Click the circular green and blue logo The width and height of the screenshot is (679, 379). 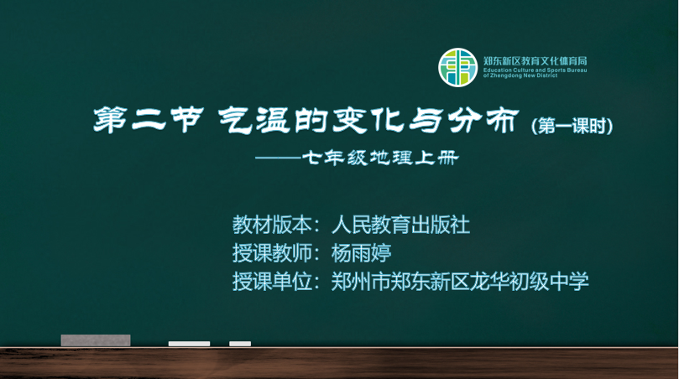coord(457,67)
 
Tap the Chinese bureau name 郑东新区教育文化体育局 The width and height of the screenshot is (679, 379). coord(535,61)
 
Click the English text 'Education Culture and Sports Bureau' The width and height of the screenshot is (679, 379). coord(535,70)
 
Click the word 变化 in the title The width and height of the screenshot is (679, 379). coord(369,120)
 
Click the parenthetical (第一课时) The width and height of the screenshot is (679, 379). coord(572,126)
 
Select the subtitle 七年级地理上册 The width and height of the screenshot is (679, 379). coord(379,158)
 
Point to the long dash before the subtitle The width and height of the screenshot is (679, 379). coord(278,158)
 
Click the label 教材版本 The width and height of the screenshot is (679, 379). coord(273,225)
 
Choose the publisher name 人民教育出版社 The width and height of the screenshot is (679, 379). coord(400,225)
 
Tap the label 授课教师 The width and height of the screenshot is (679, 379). coord(273,253)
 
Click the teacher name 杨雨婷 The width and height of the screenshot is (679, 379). coord(361,253)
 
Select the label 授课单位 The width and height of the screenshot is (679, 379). coord(273,281)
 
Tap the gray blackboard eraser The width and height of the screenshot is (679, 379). coord(96,340)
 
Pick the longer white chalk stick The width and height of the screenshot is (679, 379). coord(189,344)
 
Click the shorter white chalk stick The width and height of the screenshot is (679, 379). coord(240,344)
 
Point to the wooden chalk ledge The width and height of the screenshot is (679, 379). coord(339,363)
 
